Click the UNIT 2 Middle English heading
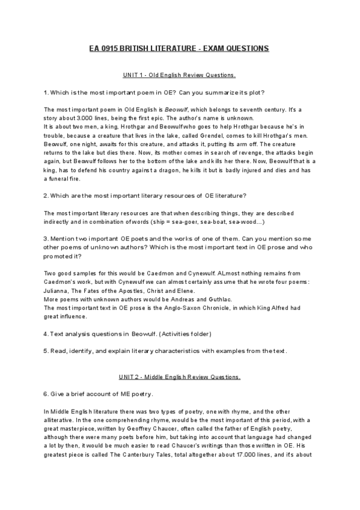(x=180, y=377)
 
